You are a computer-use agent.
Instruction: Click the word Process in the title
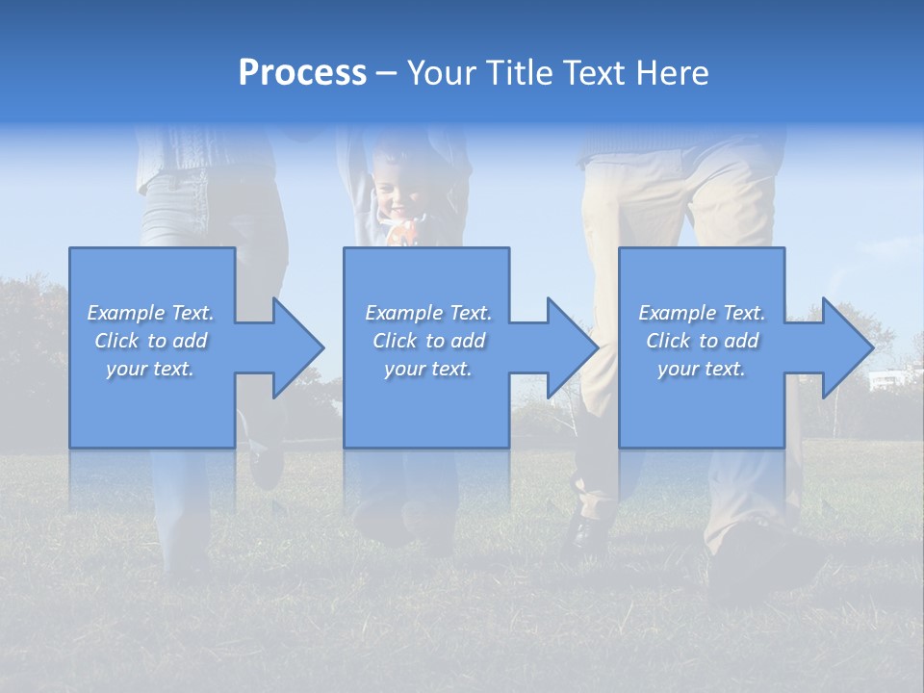click(x=302, y=73)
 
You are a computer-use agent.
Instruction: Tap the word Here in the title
click(x=671, y=73)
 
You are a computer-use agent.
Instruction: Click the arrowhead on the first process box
click(x=293, y=347)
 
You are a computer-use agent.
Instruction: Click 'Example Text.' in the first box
click(x=150, y=313)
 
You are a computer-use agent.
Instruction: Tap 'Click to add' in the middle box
click(x=428, y=341)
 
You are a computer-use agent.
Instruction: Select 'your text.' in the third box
click(x=702, y=369)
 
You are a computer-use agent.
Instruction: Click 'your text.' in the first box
click(x=150, y=369)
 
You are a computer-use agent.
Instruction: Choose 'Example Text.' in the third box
click(x=702, y=313)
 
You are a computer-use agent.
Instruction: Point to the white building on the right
click(x=885, y=381)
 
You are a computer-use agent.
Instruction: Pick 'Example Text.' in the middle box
click(x=428, y=313)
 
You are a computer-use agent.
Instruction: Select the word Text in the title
click(x=595, y=73)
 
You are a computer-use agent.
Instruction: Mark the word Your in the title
click(x=444, y=73)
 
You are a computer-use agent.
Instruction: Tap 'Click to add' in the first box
click(x=150, y=341)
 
